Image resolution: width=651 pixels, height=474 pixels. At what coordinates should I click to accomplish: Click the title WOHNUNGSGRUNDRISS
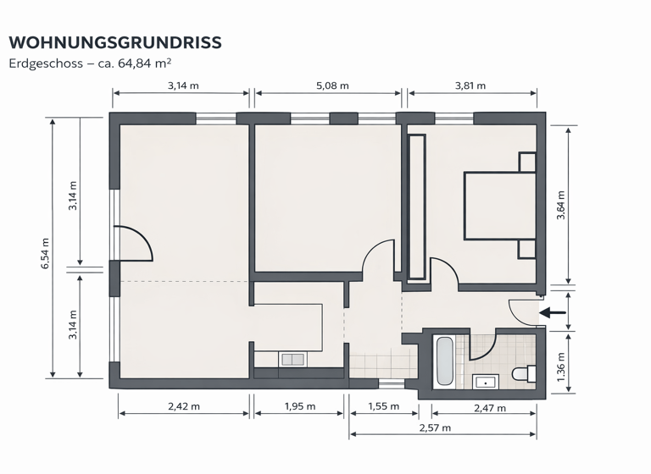click(115, 42)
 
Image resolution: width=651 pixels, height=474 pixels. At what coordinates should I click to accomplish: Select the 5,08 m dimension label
click(331, 85)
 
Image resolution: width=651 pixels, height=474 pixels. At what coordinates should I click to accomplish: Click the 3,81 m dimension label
click(470, 85)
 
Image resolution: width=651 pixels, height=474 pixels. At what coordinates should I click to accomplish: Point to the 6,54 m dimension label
click(45, 253)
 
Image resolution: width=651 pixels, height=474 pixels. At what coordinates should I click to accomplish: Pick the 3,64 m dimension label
click(560, 206)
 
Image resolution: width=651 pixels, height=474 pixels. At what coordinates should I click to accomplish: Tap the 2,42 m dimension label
click(184, 406)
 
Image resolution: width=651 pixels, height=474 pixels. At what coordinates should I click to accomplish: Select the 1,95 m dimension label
click(298, 406)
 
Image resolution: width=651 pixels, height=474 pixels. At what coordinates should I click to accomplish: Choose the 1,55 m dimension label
click(383, 406)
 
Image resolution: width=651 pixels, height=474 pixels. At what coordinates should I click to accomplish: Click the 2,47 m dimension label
click(489, 408)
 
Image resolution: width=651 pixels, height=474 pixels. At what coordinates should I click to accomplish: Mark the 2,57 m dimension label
click(442, 427)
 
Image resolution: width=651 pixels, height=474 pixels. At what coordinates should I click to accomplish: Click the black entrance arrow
click(554, 313)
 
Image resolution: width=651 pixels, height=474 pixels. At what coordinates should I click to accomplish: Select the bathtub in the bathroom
click(444, 361)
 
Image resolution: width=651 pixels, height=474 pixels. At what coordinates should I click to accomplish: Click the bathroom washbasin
click(485, 381)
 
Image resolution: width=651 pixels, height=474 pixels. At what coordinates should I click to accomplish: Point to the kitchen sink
click(292, 360)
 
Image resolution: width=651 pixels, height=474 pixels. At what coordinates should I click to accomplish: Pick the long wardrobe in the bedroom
click(416, 206)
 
